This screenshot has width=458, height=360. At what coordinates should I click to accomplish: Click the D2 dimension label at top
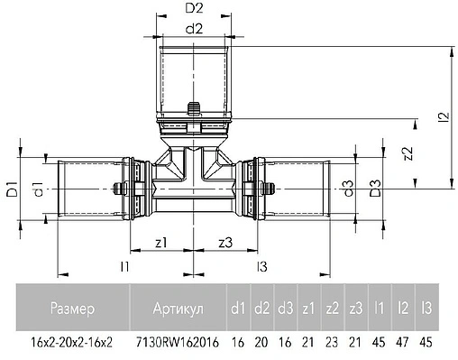coord(193,8)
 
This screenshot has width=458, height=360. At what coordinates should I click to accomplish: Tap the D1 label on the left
coord(12,190)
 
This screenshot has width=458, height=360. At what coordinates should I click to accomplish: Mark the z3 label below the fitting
coord(225,242)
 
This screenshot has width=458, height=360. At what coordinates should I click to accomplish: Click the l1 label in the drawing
coord(125,266)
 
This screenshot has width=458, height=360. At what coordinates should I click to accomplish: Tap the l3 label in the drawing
coord(262,266)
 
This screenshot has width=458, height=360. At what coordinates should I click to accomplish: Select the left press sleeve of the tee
coord(83,189)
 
